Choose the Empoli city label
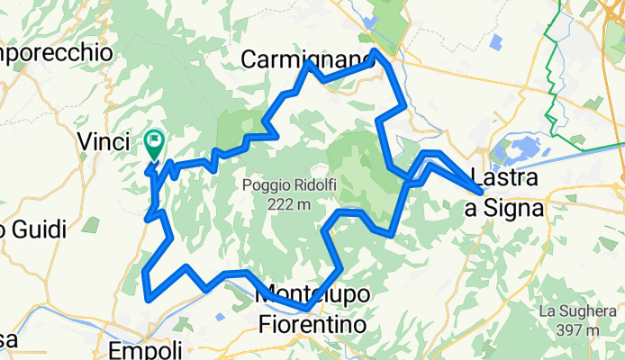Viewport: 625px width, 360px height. click(x=144, y=349)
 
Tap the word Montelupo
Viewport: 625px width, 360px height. click(x=312, y=295)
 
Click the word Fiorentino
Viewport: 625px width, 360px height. click(x=312, y=321)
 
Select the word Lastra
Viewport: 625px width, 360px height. click(x=506, y=178)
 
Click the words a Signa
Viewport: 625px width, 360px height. click(x=503, y=209)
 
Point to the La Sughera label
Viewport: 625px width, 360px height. click(x=575, y=311)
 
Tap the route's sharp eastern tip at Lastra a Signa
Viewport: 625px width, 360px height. click(x=484, y=191)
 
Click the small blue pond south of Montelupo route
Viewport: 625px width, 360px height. click(x=221, y=316)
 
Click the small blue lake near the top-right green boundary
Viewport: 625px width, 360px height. click(x=494, y=40)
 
